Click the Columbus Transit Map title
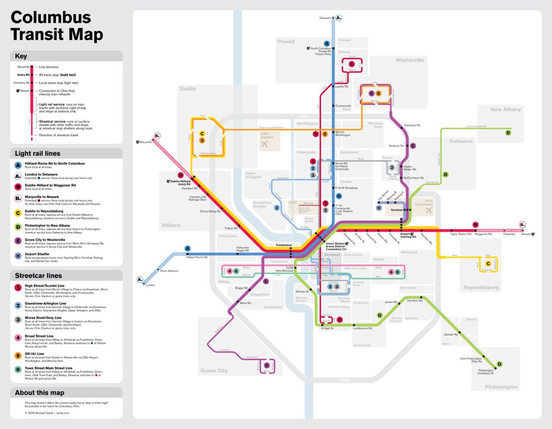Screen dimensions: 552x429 click(57, 26)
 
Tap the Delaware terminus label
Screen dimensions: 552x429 click(325, 18)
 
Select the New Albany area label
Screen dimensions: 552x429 click(506, 110)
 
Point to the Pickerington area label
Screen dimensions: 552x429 click(501, 387)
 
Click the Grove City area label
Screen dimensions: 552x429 click(214, 371)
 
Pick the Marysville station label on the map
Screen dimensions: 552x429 click(145, 142)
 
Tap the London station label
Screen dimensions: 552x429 click(150, 285)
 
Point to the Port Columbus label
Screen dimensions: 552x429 click(423, 202)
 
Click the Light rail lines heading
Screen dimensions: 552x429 click(37, 153)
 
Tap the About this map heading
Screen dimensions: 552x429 click(40, 393)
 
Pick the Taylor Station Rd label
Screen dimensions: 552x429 click(460, 234)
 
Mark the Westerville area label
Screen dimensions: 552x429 click(410, 60)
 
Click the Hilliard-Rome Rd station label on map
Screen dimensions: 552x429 click(196, 257)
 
